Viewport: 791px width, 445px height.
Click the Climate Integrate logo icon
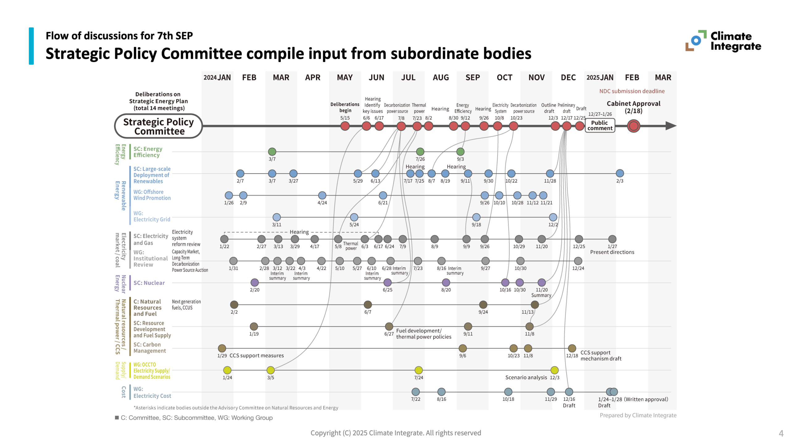click(x=696, y=40)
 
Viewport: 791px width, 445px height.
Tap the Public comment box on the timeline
click(x=599, y=125)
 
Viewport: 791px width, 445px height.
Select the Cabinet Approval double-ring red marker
click(x=633, y=126)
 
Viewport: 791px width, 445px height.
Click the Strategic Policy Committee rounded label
click(x=158, y=126)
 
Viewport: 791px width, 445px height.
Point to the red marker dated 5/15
click(x=345, y=126)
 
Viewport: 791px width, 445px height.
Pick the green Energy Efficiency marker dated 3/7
click(x=272, y=151)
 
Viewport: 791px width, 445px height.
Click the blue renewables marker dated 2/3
click(x=620, y=173)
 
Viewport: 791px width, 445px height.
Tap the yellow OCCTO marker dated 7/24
click(x=418, y=370)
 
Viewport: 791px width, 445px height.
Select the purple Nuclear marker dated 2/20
click(x=254, y=282)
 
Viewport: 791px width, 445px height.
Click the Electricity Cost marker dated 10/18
click(x=508, y=392)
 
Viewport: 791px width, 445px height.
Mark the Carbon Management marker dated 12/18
click(x=572, y=348)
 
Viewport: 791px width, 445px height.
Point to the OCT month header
click(x=504, y=78)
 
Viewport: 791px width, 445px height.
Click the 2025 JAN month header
click(x=600, y=78)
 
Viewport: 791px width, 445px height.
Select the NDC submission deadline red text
click(x=632, y=91)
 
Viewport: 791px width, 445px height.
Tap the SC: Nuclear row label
click(x=149, y=283)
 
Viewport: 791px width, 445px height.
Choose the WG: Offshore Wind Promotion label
click(x=152, y=195)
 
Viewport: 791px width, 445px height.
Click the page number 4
click(x=781, y=433)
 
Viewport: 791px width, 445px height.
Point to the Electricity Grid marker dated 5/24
click(x=354, y=217)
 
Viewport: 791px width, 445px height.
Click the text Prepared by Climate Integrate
click(x=638, y=415)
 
